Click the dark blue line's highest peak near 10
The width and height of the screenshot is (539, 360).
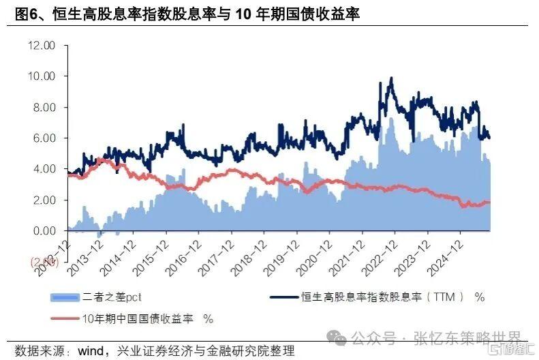coord(391,78)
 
